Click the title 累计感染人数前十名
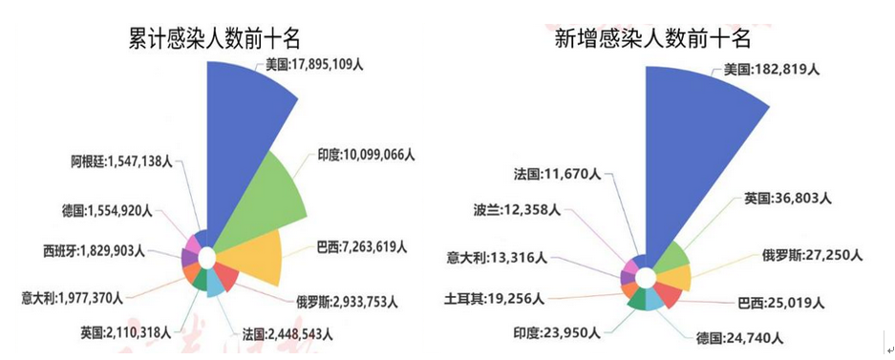click(x=214, y=40)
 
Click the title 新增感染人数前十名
click(x=652, y=39)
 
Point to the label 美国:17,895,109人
click(x=314, y=65)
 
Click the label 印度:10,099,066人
click(x=366, y=155)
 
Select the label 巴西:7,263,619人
click(x=361, y=247)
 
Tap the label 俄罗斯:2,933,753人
click(x=347, y=301)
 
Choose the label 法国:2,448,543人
click(x=288, y=333)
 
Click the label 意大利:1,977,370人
click(x=72, y=297)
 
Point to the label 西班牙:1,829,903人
click(x=95, y=251)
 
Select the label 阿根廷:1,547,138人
click(x=122, y=162)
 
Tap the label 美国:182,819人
click(x=772, y=70)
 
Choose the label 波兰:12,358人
click(x=517, y=209)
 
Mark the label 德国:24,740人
click(x=739, y=338)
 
